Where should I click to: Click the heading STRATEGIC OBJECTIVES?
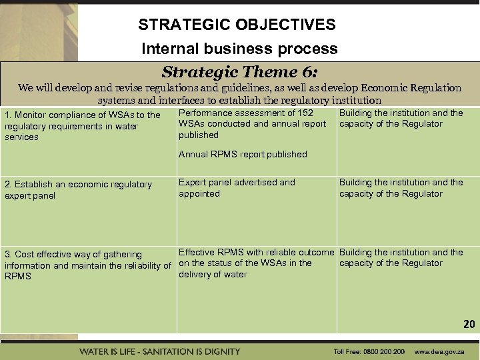click(x=237, y=25)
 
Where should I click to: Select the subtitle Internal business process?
click(x=239, y=49)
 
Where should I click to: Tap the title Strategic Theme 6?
click(x=239, y=72)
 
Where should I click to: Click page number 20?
click(x=469, y=324)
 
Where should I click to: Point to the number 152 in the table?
click(x=305, y=113)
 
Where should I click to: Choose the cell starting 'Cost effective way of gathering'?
click(x=87, y=265)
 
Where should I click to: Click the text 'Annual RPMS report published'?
click(x=243, y=154)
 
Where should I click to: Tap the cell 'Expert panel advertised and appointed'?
click(x=237, y=188)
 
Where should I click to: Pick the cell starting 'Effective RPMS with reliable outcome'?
click(x=256, y=263)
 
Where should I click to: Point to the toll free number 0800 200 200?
click(x=386, y=351)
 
